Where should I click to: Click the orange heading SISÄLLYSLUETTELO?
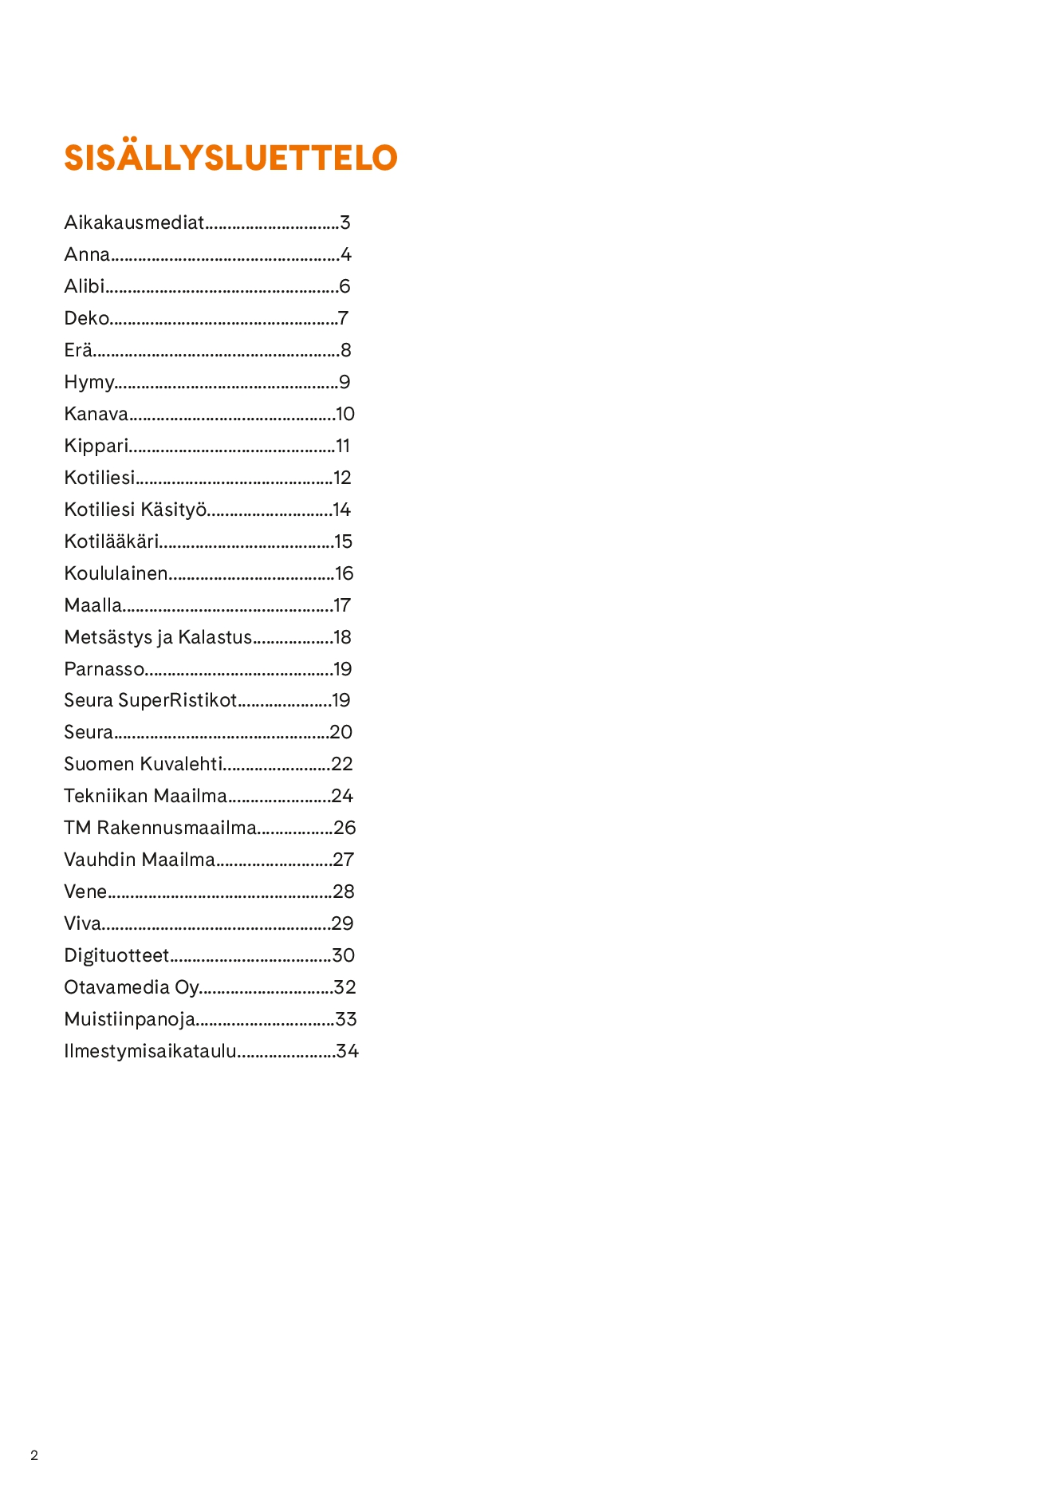click(x=230, y=158)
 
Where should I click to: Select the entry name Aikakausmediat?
click(x=134, y=222)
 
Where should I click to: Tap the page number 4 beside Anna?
click(x=345, y=254)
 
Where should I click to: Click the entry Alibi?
click(x=85, y=286)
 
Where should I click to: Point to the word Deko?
click(x=86, y=318)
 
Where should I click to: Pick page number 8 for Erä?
click(x=345, y=350)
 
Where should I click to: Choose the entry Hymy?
click(x=89, y=383)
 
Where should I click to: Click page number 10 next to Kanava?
click(x=345, y=414)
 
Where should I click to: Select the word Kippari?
click(x=96, y=446)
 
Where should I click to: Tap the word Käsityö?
click(x=173, y=510)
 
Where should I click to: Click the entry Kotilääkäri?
click(x=111, y=541)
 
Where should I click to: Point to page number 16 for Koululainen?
click(x=344, y=573)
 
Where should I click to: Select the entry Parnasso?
click(x=104, y=669)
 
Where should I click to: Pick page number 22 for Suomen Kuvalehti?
click(x=342, y=764)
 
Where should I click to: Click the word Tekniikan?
click(x=105, y=796)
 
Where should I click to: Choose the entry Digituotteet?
click(x=116, y=955)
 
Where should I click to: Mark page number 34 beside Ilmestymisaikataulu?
click(x=348, y=1051)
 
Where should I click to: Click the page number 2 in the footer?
click(x=34, y=1455)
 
